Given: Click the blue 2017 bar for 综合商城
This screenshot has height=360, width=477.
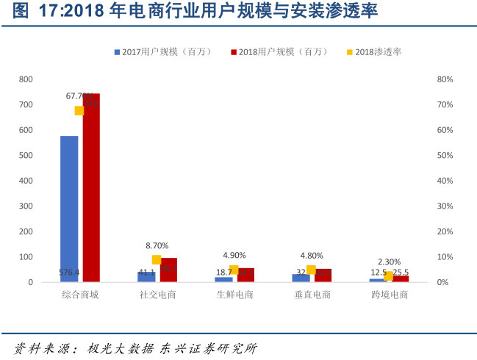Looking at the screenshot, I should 69,206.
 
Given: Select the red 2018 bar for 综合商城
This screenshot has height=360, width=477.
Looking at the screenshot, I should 91,191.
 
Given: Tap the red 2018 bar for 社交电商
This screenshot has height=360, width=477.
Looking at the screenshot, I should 168,270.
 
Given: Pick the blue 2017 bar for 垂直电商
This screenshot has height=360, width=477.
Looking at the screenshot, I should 301,278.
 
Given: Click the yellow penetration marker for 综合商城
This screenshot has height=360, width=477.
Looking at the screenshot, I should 79,110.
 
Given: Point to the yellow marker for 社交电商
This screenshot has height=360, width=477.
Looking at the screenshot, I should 157,259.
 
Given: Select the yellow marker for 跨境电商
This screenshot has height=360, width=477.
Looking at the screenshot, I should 389,276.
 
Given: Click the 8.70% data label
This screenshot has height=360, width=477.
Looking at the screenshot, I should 157,245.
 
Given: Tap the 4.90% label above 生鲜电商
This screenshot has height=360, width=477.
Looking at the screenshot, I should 234,255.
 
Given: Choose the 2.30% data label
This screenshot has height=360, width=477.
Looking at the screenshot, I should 389,262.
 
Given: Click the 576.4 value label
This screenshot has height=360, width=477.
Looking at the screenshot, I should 69,273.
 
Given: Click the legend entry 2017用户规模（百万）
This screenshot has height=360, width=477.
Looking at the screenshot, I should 162,52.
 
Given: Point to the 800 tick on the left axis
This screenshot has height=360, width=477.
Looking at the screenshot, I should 26,79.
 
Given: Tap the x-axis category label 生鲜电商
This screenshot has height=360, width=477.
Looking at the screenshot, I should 234,295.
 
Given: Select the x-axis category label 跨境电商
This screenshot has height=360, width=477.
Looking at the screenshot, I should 389,295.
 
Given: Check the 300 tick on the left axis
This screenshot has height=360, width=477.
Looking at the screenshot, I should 26,206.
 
